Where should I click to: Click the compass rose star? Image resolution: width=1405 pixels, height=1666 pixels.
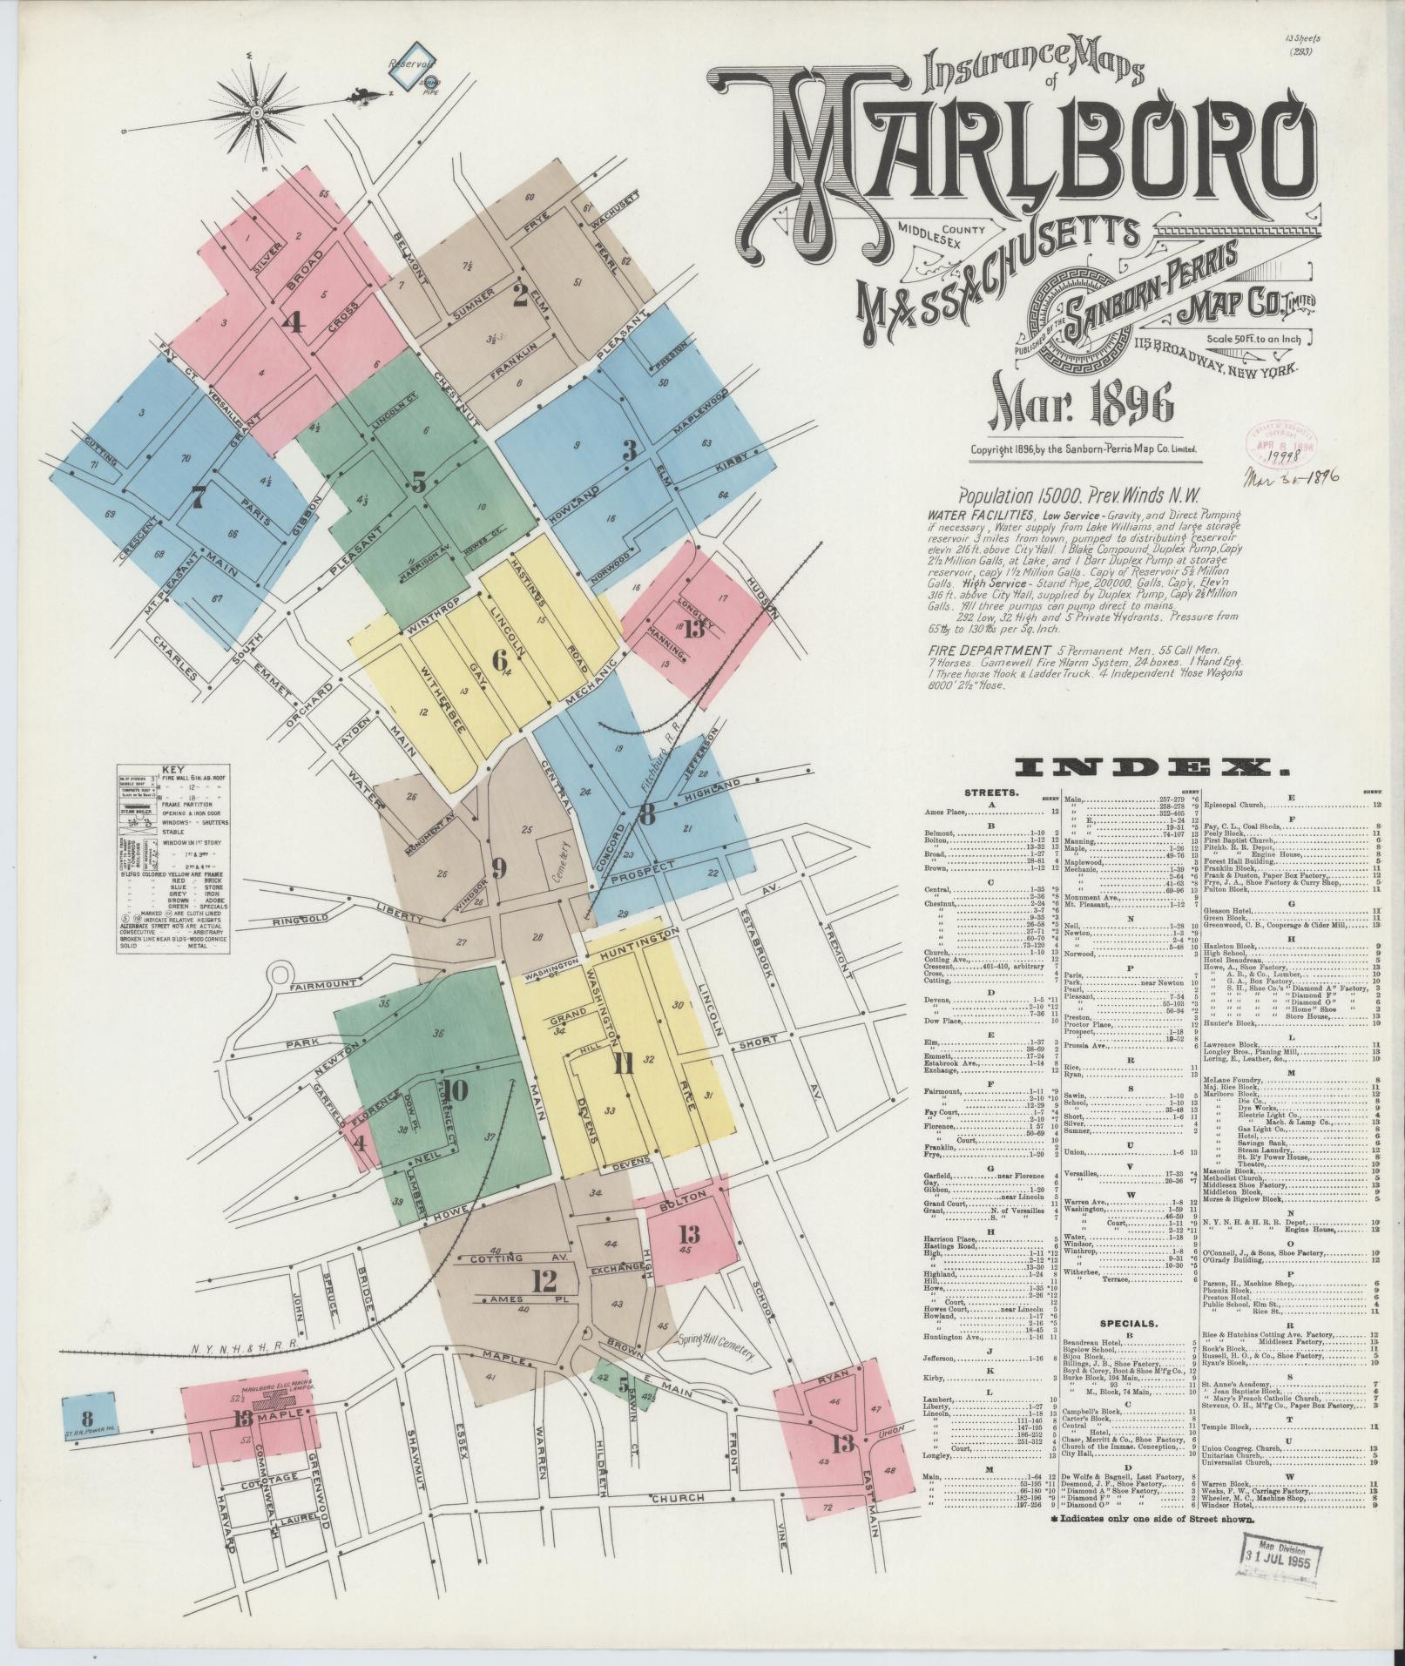click(x=257, y=112)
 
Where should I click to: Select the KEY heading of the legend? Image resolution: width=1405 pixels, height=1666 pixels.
click(x=169, y=770)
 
